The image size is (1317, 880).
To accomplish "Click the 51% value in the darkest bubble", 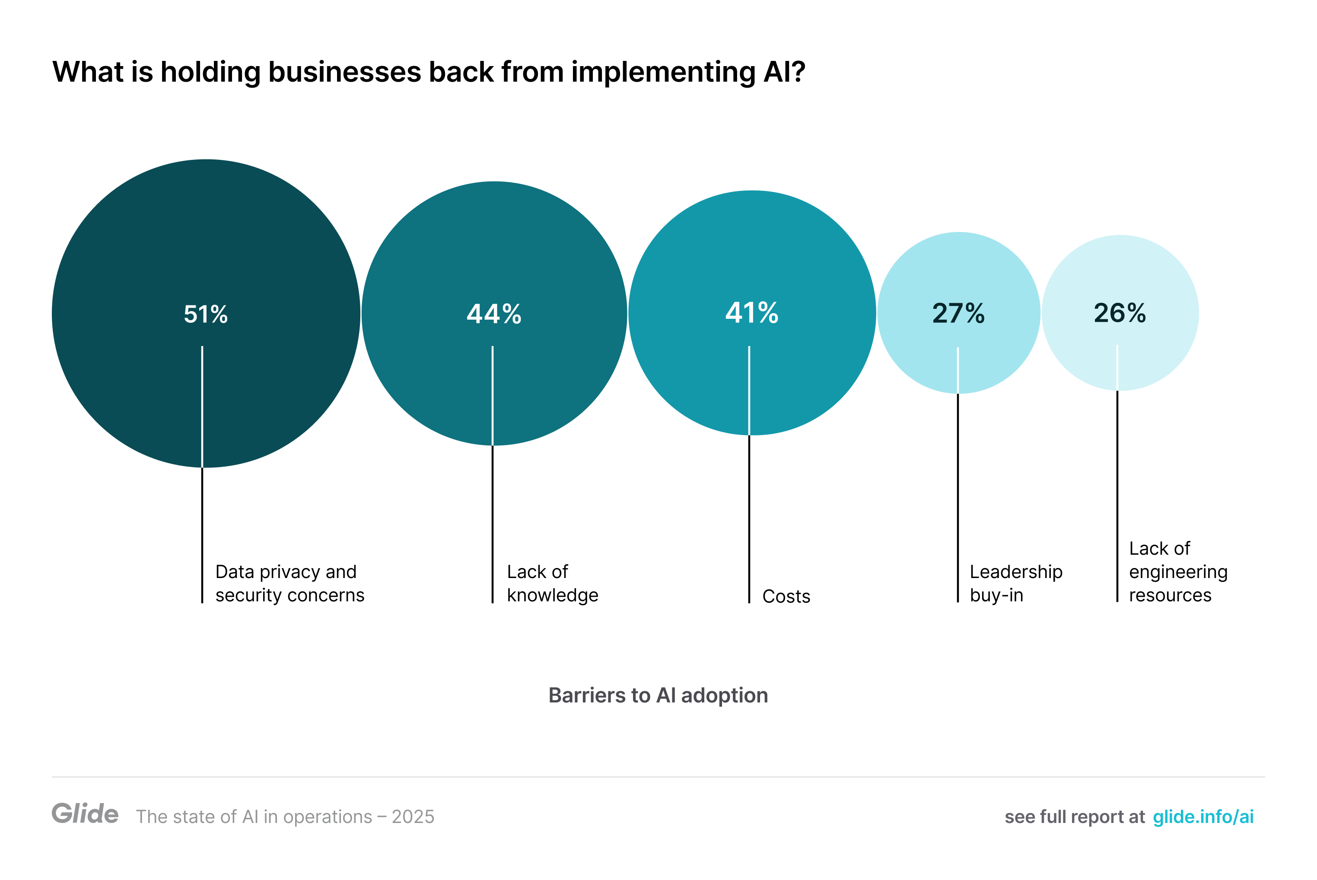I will click(206, 315).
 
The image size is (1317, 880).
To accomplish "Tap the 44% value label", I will click(494, 315).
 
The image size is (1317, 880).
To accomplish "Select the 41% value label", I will click(752, 313).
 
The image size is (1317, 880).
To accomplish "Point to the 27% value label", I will click(958, 314).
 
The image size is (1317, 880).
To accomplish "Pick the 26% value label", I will click(1120, 313).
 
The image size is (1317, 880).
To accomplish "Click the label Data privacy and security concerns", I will click(289, 583).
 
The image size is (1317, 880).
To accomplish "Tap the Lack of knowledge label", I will click(552, 583).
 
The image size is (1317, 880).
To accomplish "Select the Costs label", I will click(786, 596).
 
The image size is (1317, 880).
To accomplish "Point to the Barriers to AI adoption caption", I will click(658, 696).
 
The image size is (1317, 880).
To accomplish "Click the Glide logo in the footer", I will click(85, 814).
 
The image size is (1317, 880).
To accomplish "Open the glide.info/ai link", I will click(1202, 816).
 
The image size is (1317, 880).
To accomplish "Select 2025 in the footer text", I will click(413, 816).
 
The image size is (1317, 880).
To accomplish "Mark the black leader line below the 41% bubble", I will click(749, 519).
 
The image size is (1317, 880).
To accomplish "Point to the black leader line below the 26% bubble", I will click(1117, 497).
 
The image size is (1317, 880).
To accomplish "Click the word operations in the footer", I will click(327, 816).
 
